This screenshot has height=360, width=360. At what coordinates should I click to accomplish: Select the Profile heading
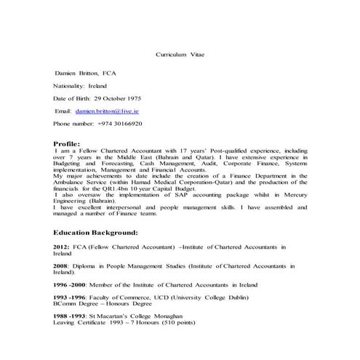[x=67, y=143]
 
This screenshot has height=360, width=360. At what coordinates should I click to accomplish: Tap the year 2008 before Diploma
[x=60, y=267]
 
